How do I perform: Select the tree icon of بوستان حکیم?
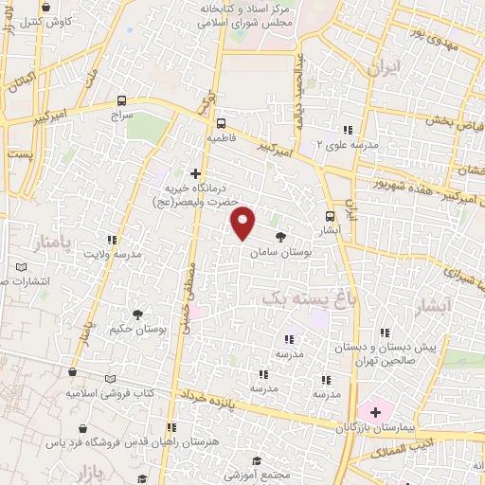138,314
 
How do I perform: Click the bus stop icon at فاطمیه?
222,122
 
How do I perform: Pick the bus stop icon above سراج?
121,99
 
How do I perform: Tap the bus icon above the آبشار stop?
331,214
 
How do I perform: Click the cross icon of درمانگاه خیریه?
195,173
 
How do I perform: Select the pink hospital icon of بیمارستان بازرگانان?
375,412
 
